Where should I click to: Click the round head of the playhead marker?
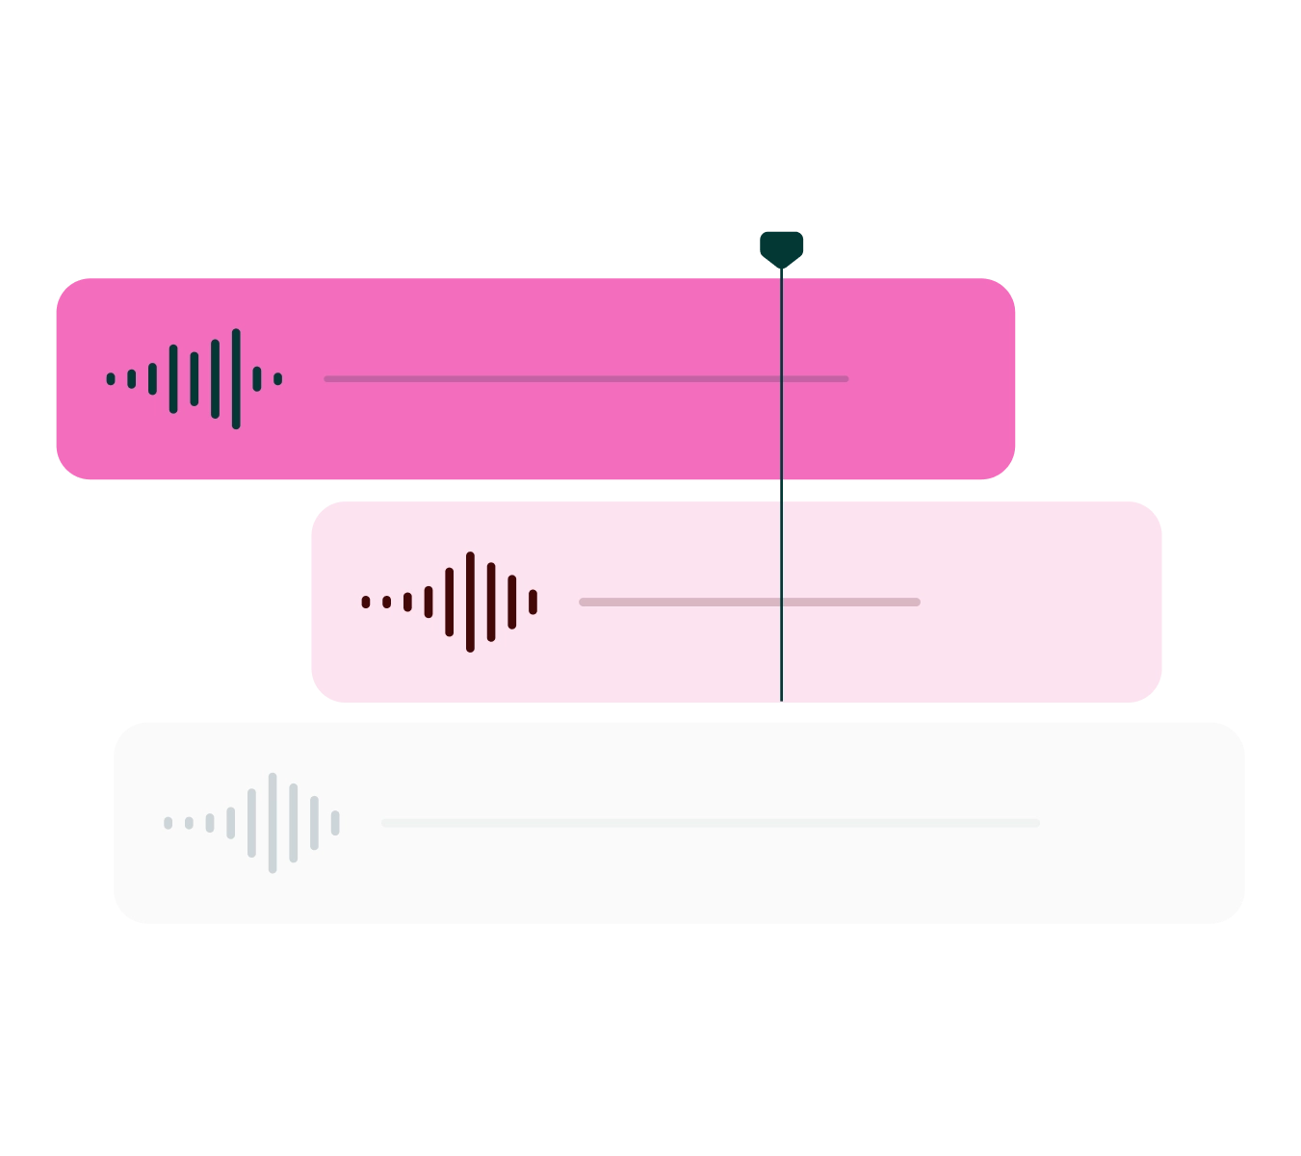click(781, 247)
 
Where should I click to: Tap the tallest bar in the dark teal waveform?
click(236, 378)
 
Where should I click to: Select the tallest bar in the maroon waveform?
click(470, 602)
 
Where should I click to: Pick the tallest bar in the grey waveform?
click(273, 823)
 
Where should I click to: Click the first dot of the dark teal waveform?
click(111, 379)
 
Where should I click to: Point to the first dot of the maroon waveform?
click(366, 603)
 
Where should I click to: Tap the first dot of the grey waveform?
click(169, 823)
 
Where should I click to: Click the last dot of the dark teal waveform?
click(278, 379)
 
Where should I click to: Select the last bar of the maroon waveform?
click(533, 602)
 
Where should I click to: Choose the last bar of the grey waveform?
click(335, 823)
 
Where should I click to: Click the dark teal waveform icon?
click(195, 378)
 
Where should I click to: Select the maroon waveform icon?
click(449, 602)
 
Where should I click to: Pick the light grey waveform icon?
click(251, 823)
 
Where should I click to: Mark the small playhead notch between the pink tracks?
click(782, 491)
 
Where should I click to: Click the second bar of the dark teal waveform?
click(132, 379)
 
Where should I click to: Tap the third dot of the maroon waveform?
click(407, 603)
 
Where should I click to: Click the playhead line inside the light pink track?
click(781, 655)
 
